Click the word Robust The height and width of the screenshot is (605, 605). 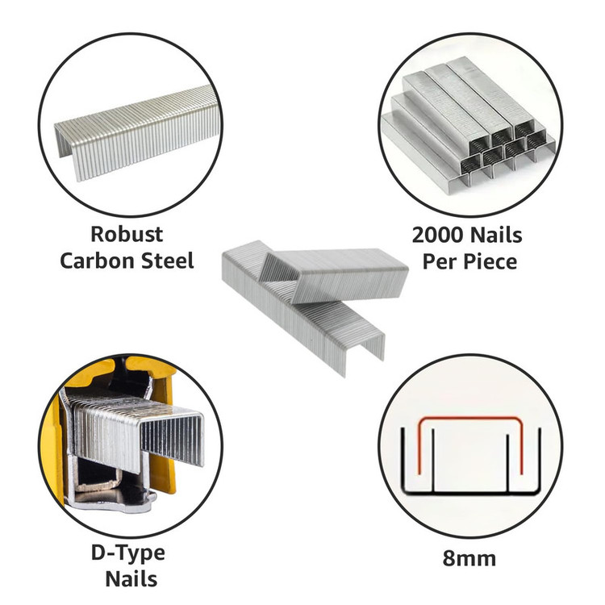127,234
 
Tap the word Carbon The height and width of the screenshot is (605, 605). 97,261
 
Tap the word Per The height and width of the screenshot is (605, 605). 440,262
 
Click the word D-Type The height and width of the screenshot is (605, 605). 128,553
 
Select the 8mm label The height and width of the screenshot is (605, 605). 469,558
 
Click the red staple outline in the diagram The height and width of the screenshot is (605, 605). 470,419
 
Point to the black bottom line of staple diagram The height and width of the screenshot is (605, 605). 471,493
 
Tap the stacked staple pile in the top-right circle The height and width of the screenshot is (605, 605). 468,123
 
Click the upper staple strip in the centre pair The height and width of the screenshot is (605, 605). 334,275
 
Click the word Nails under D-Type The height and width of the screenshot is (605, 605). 131,579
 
